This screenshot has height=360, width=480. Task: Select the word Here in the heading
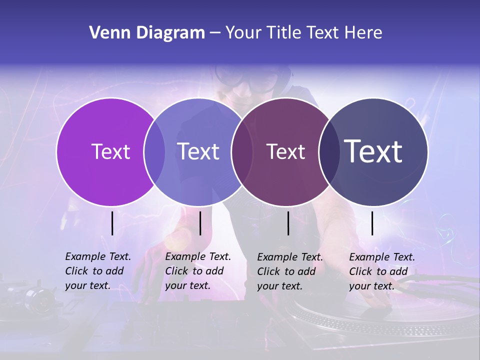[363, 33]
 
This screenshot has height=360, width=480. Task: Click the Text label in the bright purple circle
[110, 151]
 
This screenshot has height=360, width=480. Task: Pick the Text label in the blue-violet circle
[198, 151]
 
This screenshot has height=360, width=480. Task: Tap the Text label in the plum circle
[285, 151]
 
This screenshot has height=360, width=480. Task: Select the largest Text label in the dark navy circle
[373, 151]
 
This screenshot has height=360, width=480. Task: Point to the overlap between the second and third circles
[241, 152]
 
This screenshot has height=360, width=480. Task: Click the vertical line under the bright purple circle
[112, 223]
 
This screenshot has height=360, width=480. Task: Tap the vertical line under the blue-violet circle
[200, 223]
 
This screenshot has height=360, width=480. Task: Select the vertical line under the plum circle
[288, 223]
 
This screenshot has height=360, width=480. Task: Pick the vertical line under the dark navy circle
[372, 223]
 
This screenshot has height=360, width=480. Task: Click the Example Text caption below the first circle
[98, 271]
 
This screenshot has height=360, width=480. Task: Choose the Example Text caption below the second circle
[198, 271]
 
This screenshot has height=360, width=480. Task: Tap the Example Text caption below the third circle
[290, 271]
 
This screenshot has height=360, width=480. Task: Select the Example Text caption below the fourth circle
[382, 271]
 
